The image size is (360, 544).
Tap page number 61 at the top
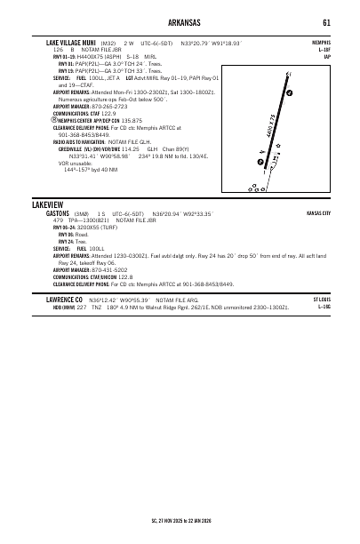click(326, 22)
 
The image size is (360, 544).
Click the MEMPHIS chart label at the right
click(321, 42)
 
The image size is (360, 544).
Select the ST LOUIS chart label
click(322, 300)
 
